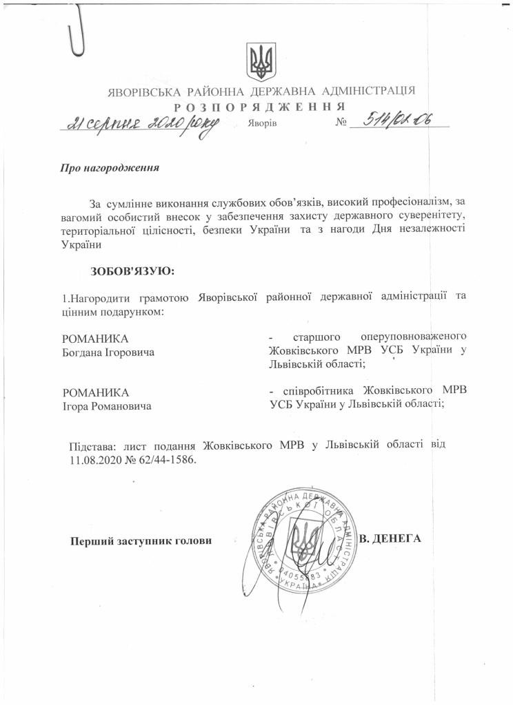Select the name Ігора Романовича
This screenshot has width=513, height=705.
(107, 406)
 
